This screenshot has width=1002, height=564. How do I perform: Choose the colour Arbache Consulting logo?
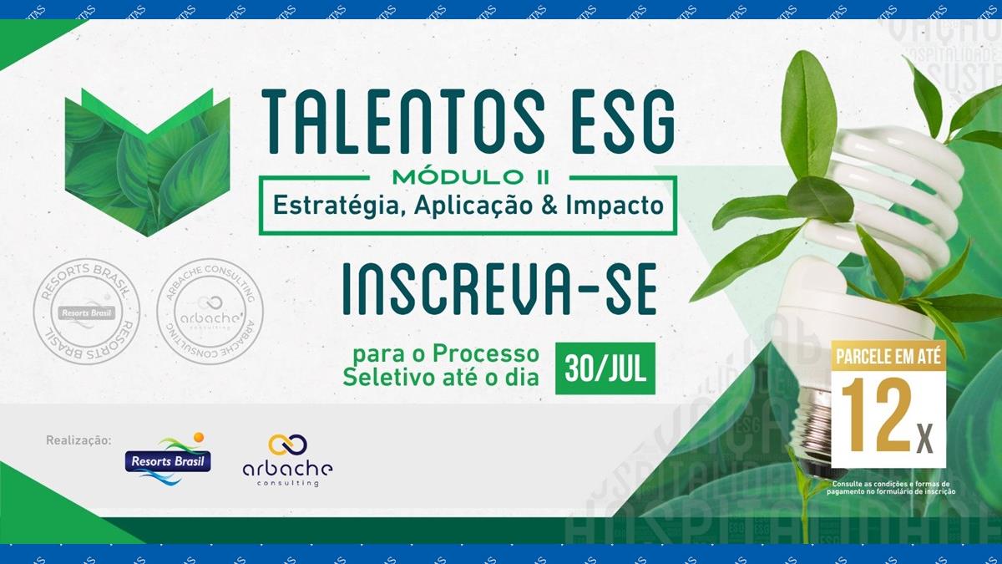coord(287,460)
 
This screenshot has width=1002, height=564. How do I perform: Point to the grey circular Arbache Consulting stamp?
coord(210,312)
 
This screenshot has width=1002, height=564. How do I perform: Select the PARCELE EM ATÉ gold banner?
coord(888,354)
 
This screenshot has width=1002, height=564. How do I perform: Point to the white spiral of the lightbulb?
coord(860,201)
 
